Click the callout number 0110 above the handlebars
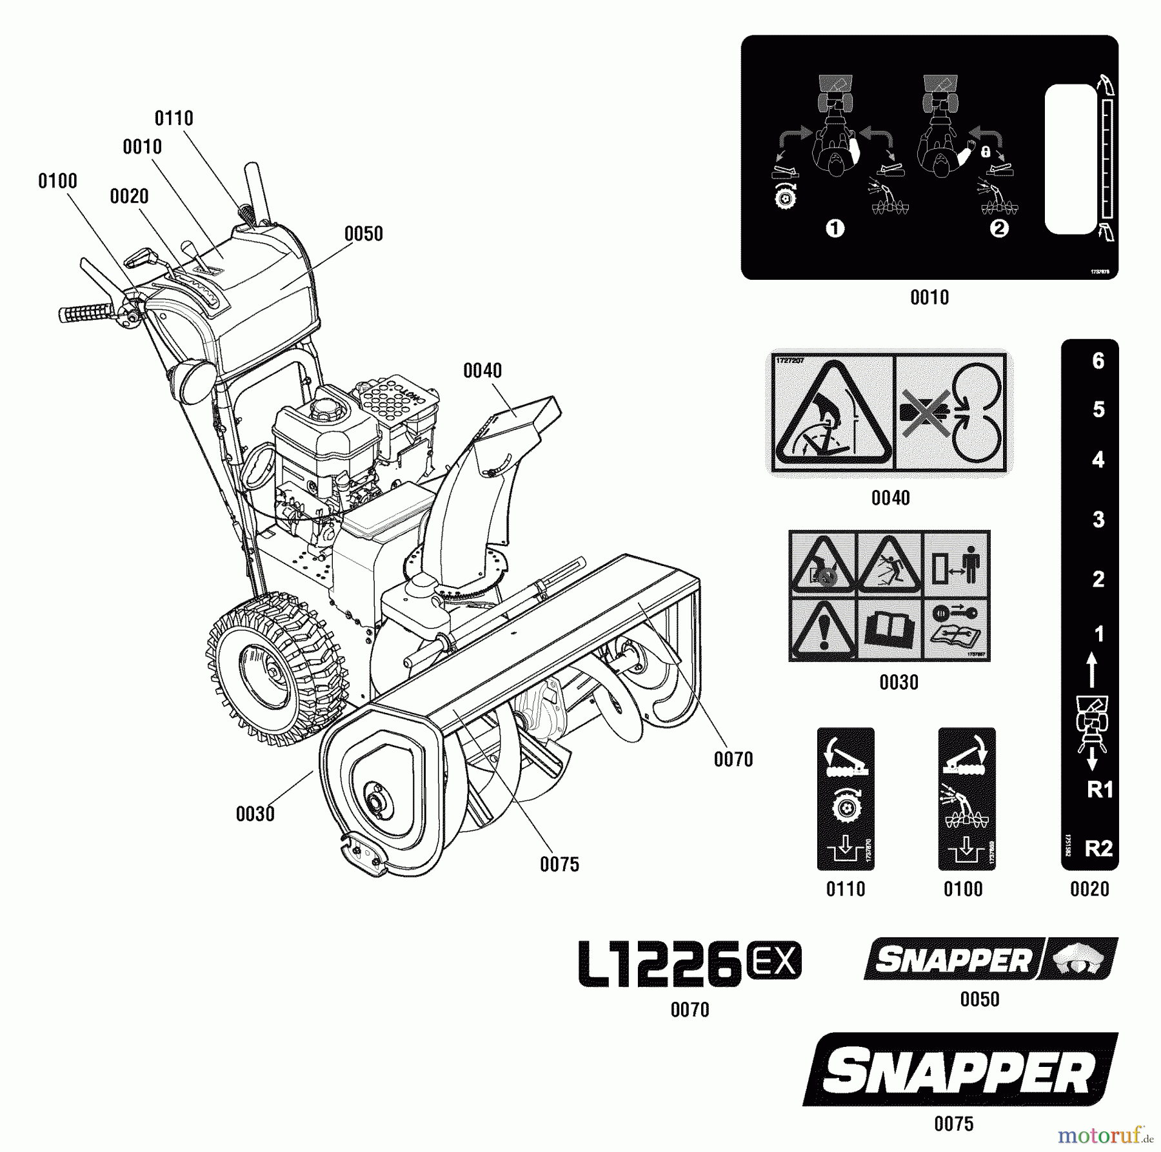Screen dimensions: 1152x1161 [174, 119]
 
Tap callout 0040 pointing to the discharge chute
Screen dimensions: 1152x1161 [482, 371]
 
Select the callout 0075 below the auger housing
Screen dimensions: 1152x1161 [559, 864]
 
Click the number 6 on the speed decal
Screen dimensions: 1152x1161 [1098, 361]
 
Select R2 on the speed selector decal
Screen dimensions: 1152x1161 [1098, 848]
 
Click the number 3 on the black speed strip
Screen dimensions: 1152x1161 [1098, 520]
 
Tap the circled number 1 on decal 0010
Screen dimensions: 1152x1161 [835, 228]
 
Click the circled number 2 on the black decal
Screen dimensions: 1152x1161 [998, 228]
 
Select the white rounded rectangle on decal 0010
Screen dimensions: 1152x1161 [1070, 159]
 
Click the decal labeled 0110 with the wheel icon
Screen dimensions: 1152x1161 [845, 799]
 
